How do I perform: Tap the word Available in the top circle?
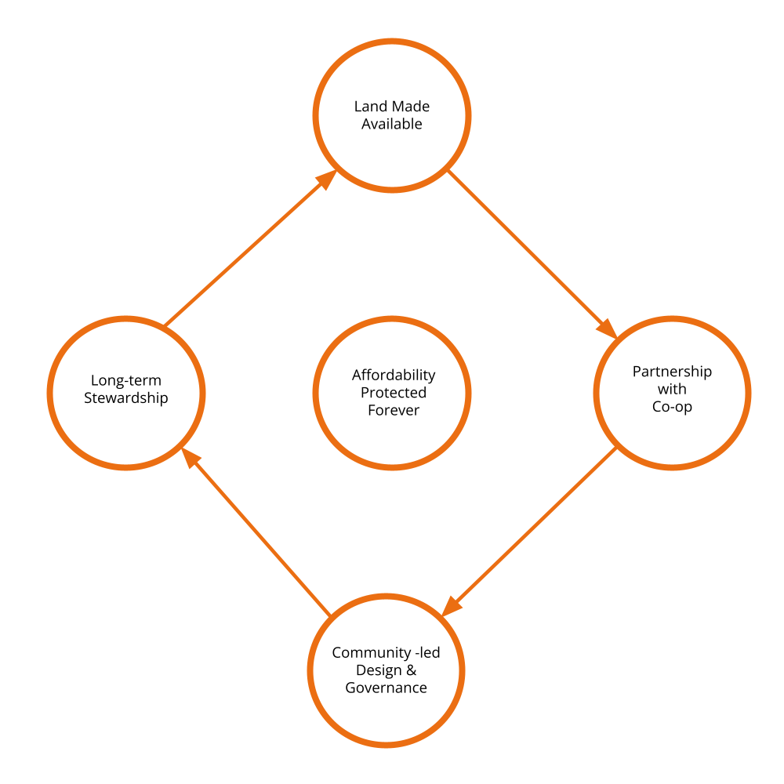(x=392, y=124)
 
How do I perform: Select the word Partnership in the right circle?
(x=672, y=372)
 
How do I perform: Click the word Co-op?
(x=672, y=407)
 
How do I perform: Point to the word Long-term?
(x=125, y=381)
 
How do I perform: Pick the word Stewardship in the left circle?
(x=125, y=398)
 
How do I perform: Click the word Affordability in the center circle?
(x=393, y=375)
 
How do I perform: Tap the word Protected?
(x=393, y=393)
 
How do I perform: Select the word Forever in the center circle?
(x=393, y=410)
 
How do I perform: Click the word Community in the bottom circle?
(x=366, y=653)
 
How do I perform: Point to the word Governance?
(x=386, y=688)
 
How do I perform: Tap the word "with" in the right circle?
(x=672, y=389)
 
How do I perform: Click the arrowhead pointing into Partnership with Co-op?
(x=607, y=328)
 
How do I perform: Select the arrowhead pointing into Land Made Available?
(x=326, y=180)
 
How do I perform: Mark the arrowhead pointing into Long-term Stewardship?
(x=191, y=459)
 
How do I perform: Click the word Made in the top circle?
(x=410, y=107)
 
